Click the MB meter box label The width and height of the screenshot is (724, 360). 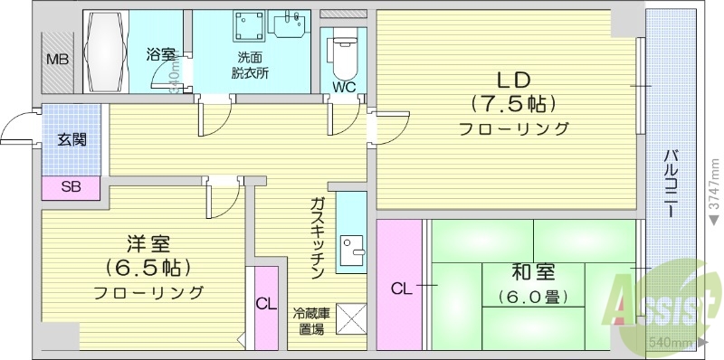(x=56, y=61)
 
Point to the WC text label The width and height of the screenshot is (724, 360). (x=345, y=88)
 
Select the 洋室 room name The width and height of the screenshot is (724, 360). (x=148, y=244)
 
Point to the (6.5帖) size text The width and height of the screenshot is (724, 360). (x=148, y=269)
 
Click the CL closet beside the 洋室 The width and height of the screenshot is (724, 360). (x=265, y=305)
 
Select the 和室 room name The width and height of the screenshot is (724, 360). (x=531, y=271)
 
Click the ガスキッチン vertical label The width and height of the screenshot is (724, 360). (x=318, y=237)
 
